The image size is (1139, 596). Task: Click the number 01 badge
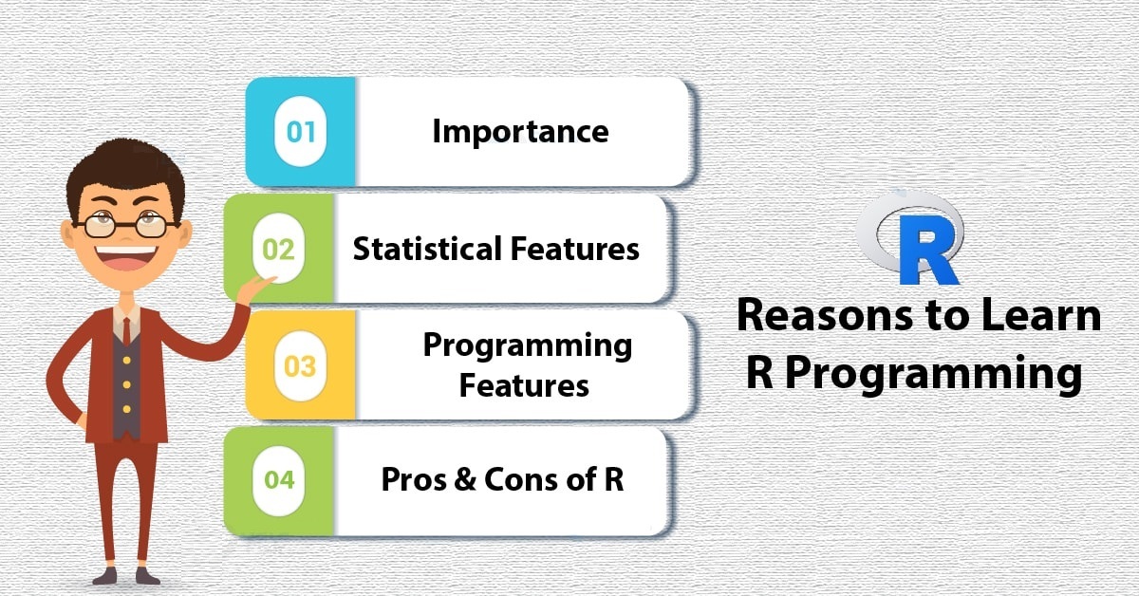[x=301, y=132]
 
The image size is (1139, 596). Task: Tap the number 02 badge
[x=279, y=249]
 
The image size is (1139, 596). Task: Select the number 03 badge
[x=301, y=365]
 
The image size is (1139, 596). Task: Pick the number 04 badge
[x=279, y=480]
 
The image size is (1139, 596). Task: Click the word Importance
[x=520, y=132]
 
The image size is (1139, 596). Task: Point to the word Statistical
[x=427, y=249]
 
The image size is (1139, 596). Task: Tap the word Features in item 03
[x=524, y=386]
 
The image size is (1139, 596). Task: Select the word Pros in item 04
[x=414, y=479]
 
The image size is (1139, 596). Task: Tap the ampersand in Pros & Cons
[x=465, y=479]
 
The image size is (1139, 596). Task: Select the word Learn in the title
[x=1041, y=316]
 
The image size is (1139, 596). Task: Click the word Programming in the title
[x=933, y=374]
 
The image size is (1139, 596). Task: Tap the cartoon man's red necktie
[x=126, y=329]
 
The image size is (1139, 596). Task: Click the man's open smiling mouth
[x=125, y=257]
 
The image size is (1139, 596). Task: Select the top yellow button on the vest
[x=126, y=360]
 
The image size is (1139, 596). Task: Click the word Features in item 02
[x=574, y=249]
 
